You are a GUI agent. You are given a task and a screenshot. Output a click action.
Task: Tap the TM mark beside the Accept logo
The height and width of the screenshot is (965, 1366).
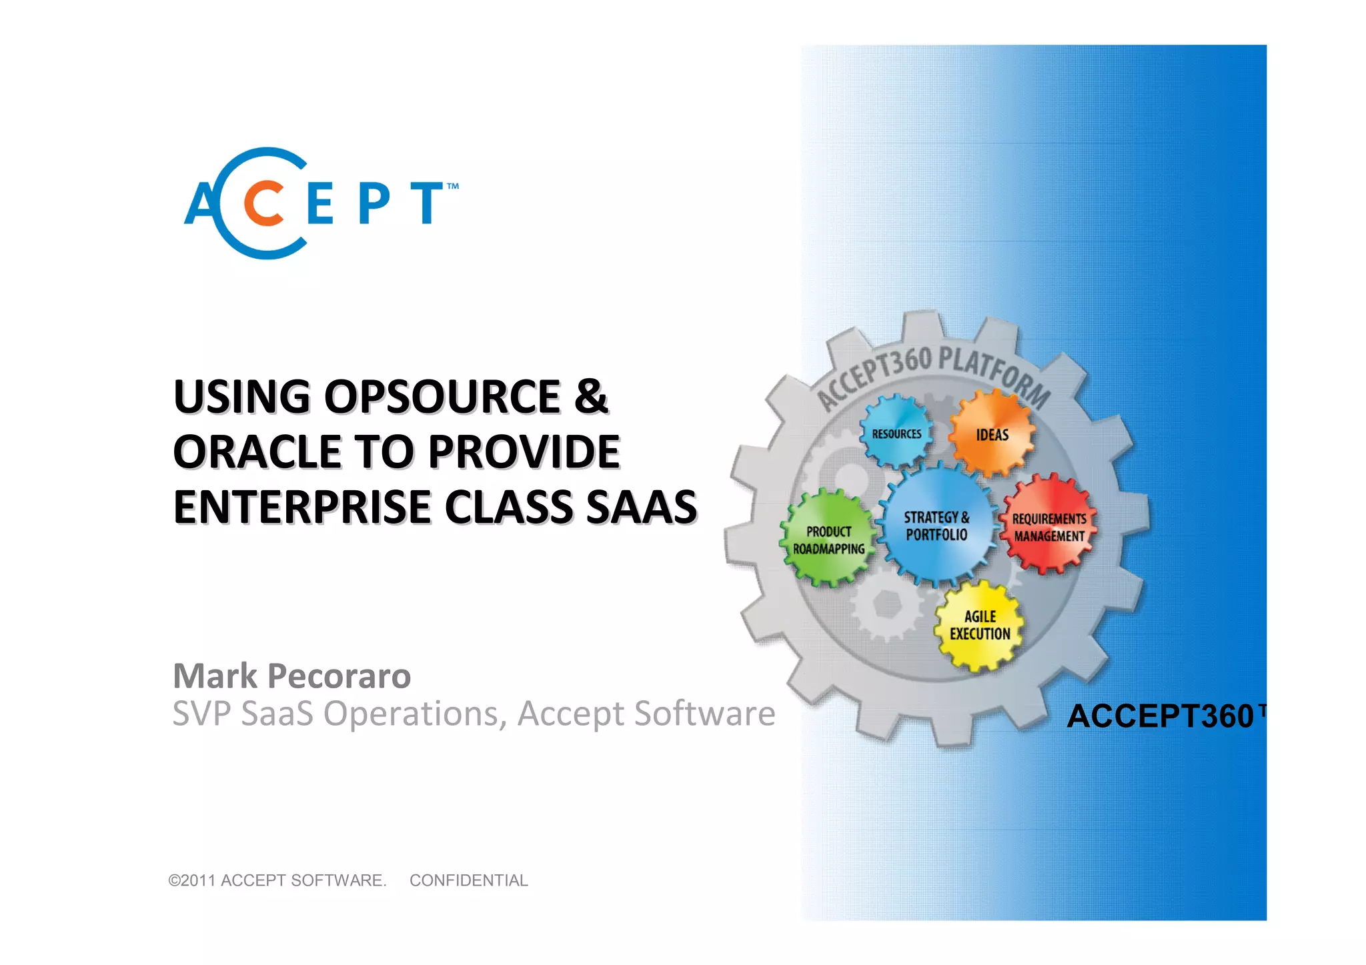(452, 187)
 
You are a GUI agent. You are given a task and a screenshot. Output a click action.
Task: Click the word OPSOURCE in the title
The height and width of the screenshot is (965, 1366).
(443, 397)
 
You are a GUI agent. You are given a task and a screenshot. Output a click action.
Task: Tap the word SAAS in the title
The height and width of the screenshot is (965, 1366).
(641, 508)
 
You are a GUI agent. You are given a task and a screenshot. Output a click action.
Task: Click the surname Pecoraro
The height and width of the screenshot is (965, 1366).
(339, 676)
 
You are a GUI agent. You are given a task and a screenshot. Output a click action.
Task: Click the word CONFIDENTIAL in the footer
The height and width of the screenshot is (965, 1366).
(468, 880)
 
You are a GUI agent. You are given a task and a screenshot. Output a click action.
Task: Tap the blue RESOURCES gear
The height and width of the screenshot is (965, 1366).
(896, 433)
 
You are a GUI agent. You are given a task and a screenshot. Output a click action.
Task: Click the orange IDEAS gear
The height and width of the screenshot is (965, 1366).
(992, 434)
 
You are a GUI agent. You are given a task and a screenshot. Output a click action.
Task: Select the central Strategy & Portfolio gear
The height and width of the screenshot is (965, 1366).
(936, 526)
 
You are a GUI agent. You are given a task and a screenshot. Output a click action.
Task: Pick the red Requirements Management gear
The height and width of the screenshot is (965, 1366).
(1049, 526)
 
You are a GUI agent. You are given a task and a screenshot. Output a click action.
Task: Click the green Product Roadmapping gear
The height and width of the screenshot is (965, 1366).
(828, 540)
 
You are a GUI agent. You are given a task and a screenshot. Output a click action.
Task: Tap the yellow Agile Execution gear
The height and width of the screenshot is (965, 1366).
(979, 625)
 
